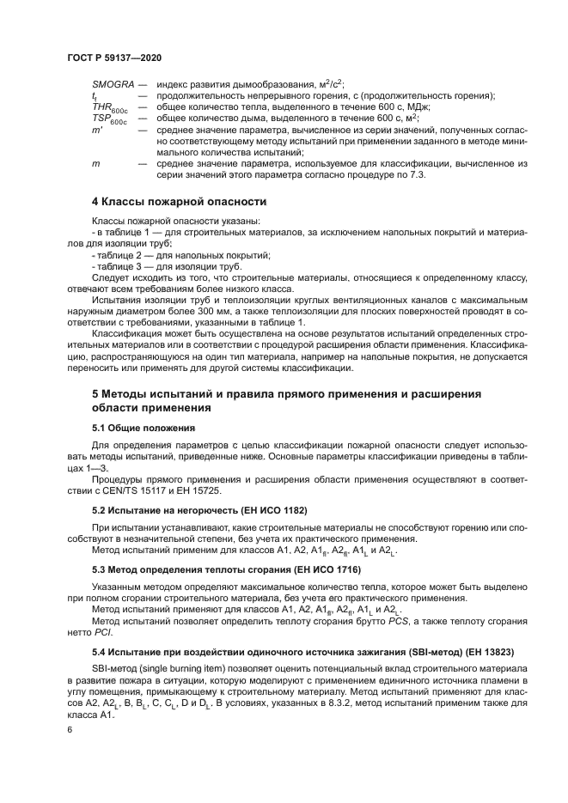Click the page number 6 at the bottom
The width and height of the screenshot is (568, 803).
[70, 729]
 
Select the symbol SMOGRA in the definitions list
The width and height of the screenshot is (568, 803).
[113, 84]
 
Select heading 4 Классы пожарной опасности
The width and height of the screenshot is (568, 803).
[179, 201]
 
